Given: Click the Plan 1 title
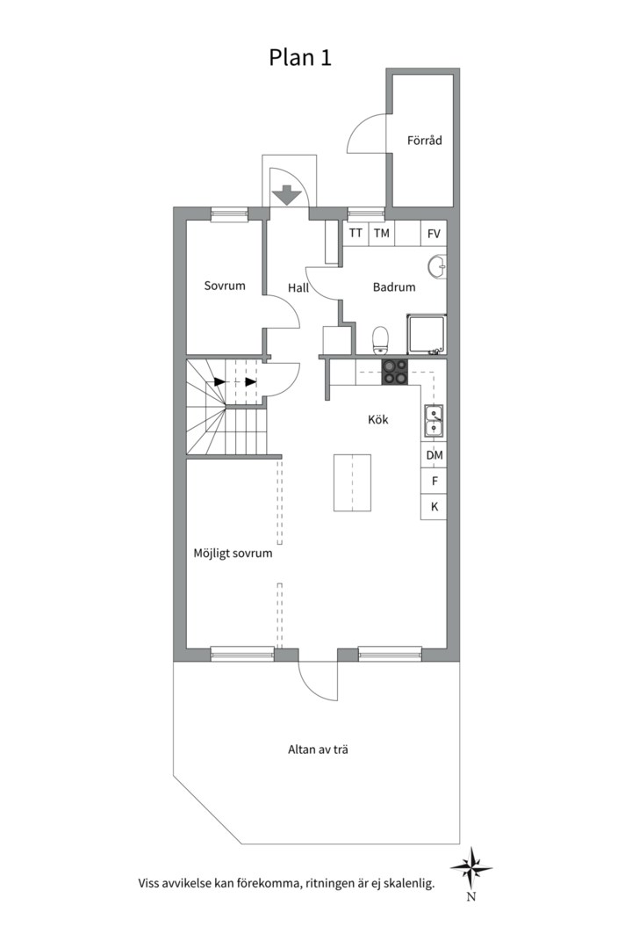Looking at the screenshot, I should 299,57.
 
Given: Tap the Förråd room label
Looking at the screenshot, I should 424,141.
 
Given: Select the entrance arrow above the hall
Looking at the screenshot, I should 286,194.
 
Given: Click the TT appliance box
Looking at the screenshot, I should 355,233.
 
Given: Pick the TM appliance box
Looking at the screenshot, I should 381,233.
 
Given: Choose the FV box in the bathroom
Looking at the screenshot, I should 434,233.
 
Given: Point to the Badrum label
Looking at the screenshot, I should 394,286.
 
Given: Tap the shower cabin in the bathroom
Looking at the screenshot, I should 427,335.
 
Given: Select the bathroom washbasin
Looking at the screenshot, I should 437,266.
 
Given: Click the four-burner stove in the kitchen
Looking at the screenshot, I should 394,373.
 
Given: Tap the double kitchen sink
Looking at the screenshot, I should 434,420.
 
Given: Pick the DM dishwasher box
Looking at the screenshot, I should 434,455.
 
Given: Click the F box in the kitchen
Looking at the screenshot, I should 434,482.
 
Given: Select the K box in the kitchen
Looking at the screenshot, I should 434,507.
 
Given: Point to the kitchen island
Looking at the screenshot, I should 352,482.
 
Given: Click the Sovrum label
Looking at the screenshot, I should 225,286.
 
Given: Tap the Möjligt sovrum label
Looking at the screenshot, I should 233,554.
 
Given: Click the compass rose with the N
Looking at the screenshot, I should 471,868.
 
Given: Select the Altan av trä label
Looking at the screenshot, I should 320,750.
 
